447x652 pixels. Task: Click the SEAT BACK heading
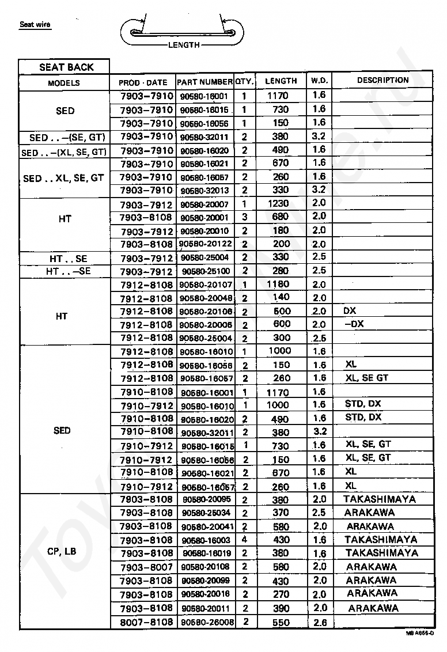[x=66, y=67]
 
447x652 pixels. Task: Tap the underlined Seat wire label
[x=35, y=25]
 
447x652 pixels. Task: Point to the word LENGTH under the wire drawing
[x=184, y=45]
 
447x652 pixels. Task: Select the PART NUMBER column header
[x=204, y=82]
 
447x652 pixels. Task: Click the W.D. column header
[x=320, y=81]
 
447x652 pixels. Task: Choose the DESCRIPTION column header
[x=382, y=80]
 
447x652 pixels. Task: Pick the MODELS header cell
[x=64, y=83]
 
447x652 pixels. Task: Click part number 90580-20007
[x=204, y=204]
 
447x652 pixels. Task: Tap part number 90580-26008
[x=207, y=623]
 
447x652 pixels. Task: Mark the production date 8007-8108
[x=146, y=622]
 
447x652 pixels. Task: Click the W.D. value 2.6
[x=320, y=623]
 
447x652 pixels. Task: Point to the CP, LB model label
[x=63, y=551]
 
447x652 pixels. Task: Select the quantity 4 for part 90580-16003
[x=245, y=540]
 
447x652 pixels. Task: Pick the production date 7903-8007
[x=146, y=567]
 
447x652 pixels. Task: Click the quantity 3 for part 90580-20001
[x=245, y=217]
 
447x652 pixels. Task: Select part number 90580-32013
[x=204, y=191]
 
